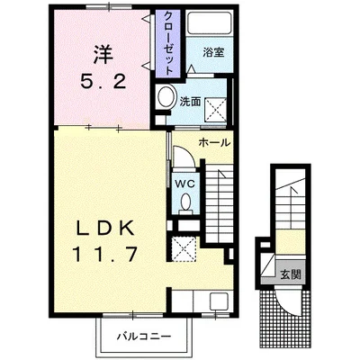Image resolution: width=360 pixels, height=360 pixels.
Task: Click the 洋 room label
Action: (103, 55)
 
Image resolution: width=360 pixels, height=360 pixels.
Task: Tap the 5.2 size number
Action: (103, 80)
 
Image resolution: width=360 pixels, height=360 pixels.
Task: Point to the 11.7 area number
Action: (104, 255)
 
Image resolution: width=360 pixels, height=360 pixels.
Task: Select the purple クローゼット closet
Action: (168, 43)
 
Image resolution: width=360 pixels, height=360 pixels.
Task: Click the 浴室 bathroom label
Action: (213, 53)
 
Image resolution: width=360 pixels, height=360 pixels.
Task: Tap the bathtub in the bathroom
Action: (210, 22)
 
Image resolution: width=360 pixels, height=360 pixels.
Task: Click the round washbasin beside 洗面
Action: (166, 96)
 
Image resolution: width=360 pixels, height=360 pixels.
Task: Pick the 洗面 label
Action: (190, 102)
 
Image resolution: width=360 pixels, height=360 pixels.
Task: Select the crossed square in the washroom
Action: (215, 110)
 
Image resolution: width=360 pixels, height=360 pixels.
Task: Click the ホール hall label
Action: (214, 143)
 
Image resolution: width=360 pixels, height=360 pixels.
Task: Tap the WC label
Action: (185, 184)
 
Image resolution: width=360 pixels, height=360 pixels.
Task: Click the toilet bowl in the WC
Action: (185, 202)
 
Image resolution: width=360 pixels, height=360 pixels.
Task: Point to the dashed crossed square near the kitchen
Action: (184, 247)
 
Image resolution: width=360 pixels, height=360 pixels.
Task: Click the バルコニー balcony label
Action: (144, 336)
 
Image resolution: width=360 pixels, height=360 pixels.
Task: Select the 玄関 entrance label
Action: (291, 274)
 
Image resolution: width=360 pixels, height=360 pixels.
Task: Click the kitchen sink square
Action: (219, 301)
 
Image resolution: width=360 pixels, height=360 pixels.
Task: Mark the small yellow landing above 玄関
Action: (291, 242)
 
